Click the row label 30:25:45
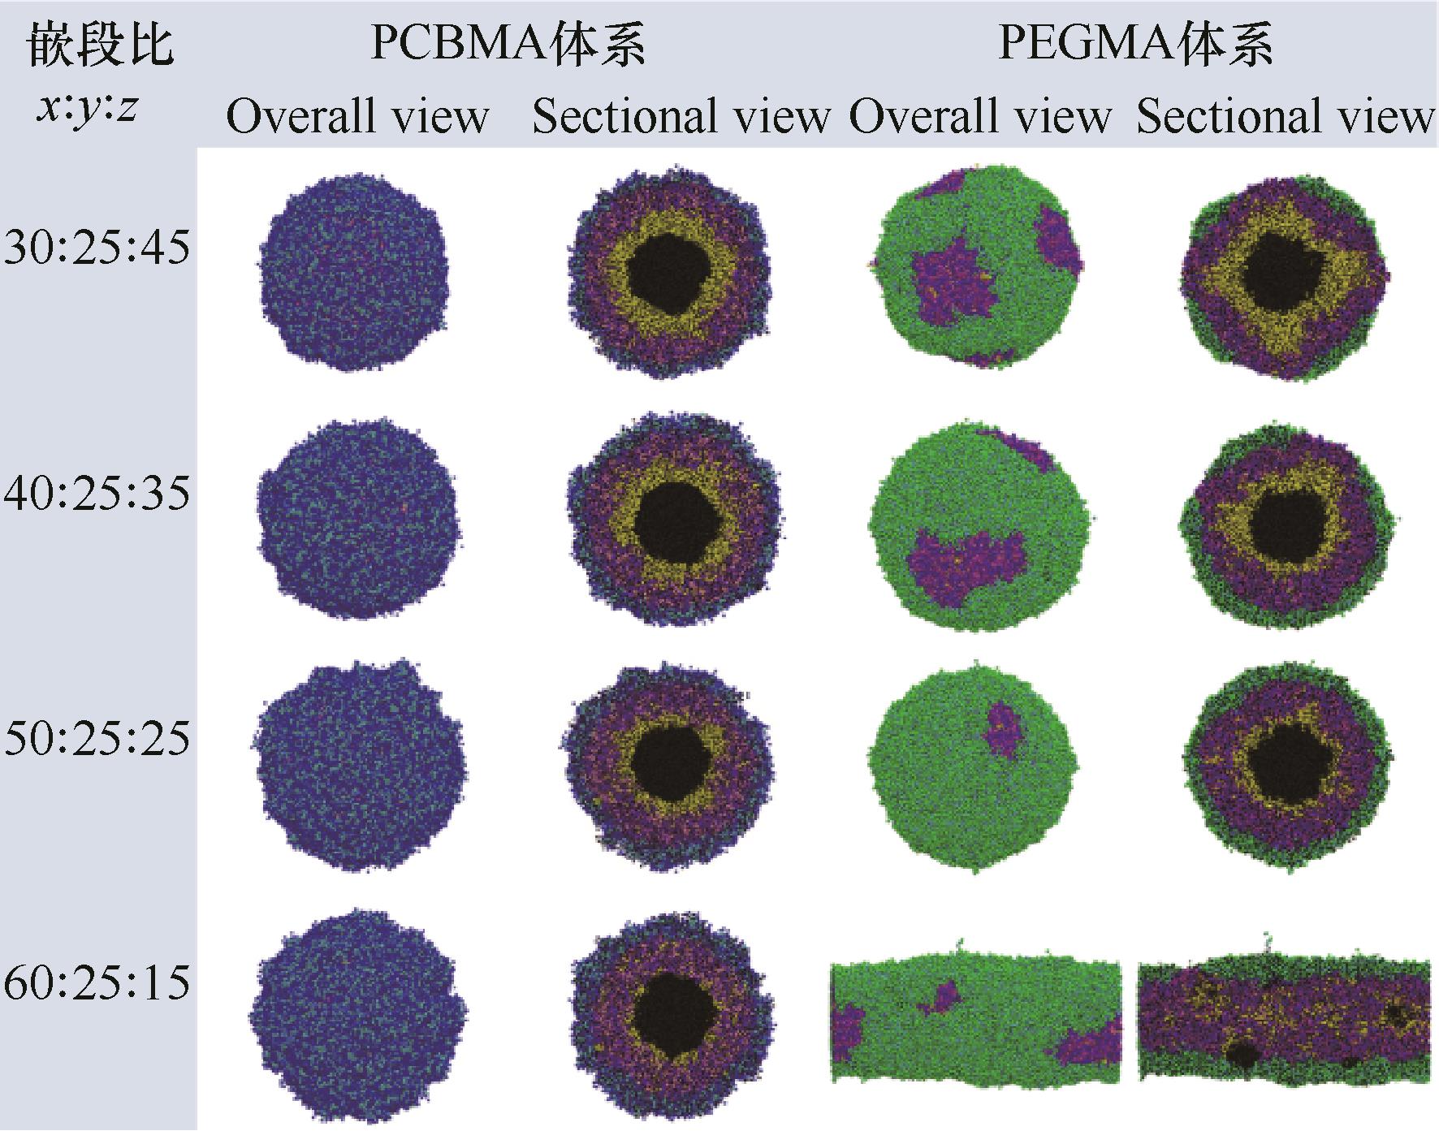pyautogui.click(x=97, y=248)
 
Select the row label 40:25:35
pyautogui.click(x=97, y=493)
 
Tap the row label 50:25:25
pyautogui.click(x=97, y=738)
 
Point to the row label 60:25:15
pyautogui.click(x=97, y=982)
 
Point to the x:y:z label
pyautogui.click(x=86, y=106)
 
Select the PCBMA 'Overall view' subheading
pyautogui.click(x=357, y=116)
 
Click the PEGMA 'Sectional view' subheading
pyautogui.click(x=1285, y=116)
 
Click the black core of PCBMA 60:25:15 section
pyautogui.click(x=673, y=1013)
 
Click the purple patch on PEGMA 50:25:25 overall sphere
pyautogui.click(x=1005, y=730)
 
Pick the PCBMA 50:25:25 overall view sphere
pyautogui.click(x=361, y=767)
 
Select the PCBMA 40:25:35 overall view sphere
pyautogui.click(x=358, y=520)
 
